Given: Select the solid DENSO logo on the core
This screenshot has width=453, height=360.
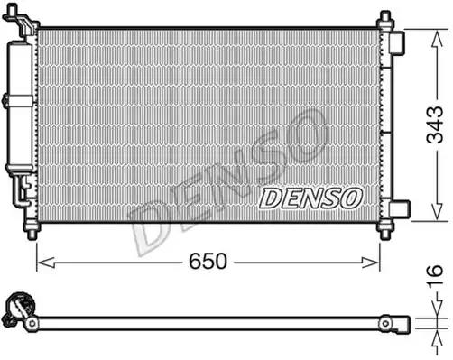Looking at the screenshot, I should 310,197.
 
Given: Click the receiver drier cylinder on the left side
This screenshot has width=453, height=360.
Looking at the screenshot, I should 19,108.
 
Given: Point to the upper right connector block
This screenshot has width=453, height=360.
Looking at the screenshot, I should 398,43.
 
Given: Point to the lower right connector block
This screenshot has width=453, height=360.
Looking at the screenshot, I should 398,209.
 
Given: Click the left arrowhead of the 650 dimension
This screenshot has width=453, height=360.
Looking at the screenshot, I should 42,262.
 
